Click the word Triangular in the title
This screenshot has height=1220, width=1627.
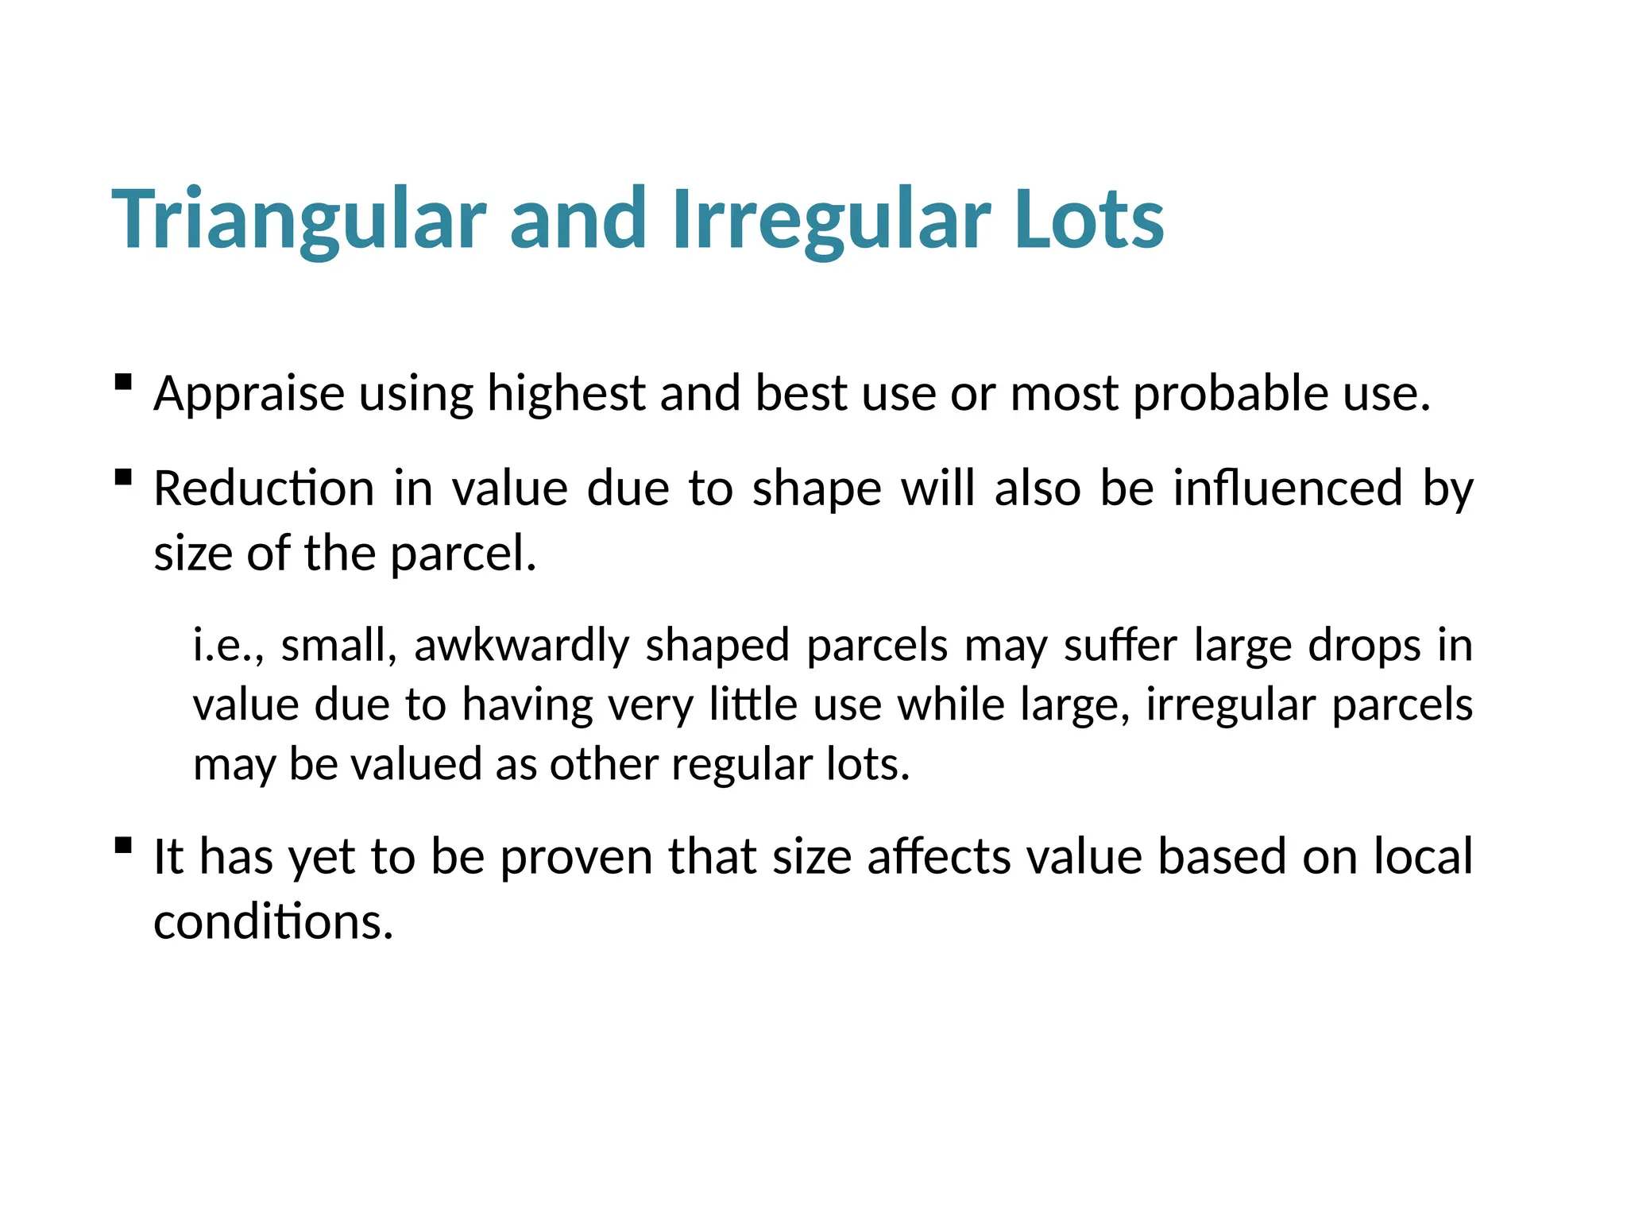299,220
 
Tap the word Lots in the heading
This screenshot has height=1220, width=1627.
1089,220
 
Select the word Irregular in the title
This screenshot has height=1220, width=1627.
831,220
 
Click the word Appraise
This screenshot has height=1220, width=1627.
249,394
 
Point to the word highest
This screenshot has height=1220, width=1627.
566,394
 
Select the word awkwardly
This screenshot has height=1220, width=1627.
521,645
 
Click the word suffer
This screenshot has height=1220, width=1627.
1120,645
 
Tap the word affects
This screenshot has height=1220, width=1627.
939,857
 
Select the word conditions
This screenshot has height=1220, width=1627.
273,922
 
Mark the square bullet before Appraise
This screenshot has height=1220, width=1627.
123,383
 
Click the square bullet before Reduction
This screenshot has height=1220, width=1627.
123,477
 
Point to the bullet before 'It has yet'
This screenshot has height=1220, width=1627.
123,845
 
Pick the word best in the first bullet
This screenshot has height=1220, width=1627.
801,394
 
